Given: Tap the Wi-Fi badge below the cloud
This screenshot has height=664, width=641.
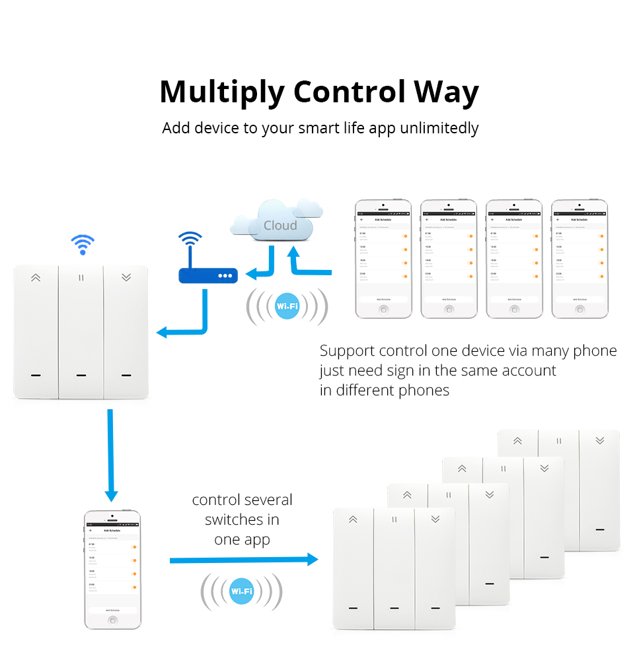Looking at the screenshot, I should [287, 306].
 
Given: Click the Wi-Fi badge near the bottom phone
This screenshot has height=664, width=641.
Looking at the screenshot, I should [241, 591].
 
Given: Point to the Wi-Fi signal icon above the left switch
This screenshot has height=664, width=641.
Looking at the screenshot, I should [83, 245].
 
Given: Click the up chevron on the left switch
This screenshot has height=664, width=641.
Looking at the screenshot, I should [36, 278].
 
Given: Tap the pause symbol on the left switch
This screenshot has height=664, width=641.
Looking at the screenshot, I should [81, 278].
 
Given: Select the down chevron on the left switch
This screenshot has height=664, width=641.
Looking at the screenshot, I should [126, 278].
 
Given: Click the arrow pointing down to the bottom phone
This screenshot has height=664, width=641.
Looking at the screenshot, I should [110, 455].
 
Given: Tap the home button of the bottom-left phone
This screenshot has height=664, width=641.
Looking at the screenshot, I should [113, 620].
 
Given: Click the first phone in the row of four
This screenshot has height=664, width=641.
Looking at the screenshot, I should [383, 259].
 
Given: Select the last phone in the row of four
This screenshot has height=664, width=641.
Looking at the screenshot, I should [579, 259].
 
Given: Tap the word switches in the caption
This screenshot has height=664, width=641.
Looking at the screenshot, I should [242, 519].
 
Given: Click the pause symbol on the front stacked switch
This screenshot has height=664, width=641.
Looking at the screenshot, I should [394, 519].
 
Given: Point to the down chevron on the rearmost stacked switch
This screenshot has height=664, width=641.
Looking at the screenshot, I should [599, 440].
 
